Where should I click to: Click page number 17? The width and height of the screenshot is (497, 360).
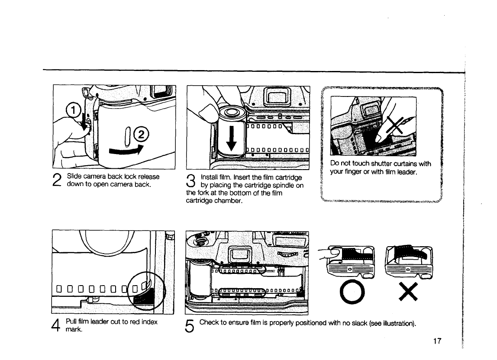pyautogui.click(x=436, y=341)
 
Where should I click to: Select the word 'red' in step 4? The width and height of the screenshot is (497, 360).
pyautogui.click(x=128, y=321)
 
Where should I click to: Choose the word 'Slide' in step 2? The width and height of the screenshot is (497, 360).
pyautogui.click(x=75, y=177)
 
